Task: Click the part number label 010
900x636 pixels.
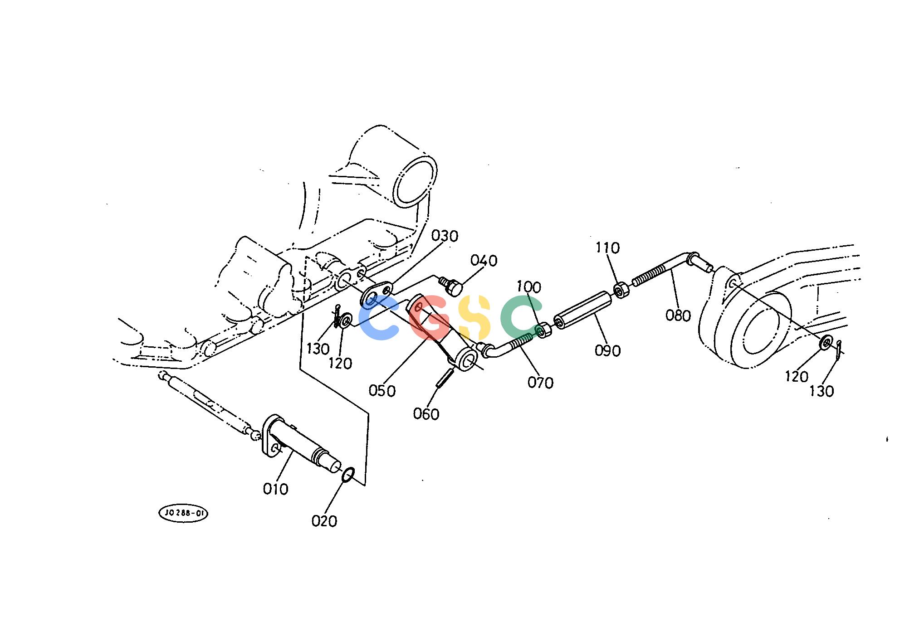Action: point(275,489)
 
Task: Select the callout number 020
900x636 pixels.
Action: point(324,522)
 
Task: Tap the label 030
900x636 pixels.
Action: point(445,236)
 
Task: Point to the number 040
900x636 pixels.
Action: point(484,261)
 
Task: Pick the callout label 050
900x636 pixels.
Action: point(382,391)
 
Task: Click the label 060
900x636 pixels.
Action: point(426,414)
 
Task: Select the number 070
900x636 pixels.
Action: point(541,383)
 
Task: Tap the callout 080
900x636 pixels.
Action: point(678,316)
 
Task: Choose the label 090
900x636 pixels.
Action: point(608,351)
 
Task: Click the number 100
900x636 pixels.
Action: point(529,287)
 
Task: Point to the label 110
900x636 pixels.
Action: point(607,248)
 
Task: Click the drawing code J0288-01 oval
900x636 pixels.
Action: point(183,513)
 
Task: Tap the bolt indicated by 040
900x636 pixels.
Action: point(451,286)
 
